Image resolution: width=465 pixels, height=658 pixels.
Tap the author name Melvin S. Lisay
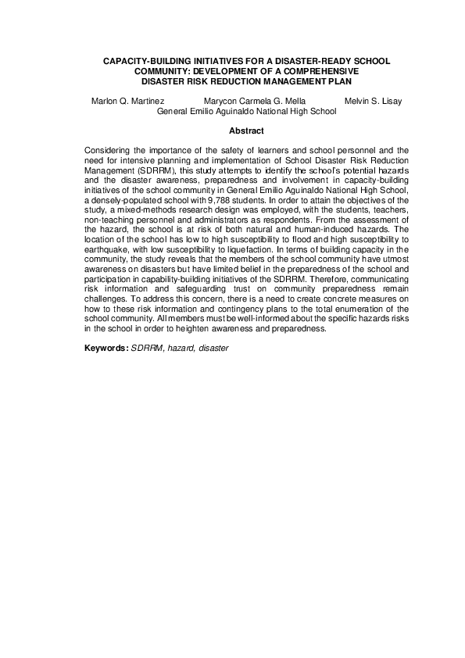coord(373,102)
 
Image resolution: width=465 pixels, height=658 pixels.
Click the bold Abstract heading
coord(246,131)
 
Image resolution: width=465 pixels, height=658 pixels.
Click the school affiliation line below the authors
coord(246,112)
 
